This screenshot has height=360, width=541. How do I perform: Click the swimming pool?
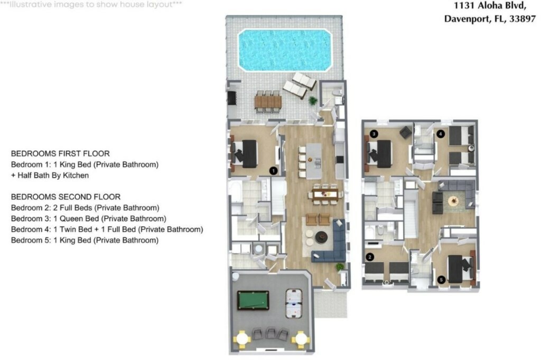coord(285,50)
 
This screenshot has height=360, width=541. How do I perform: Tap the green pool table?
coord(253,300)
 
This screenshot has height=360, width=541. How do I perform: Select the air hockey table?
coord(294,303)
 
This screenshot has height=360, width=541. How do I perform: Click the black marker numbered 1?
coord(273,171)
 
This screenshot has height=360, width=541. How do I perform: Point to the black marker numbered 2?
coord(370,257)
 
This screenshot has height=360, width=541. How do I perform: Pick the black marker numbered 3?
coord(374,134)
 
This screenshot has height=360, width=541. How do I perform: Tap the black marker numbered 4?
coord(440,134)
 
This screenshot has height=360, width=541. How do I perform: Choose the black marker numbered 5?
coord(441,280)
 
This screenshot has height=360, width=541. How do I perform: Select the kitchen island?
coord(314,161)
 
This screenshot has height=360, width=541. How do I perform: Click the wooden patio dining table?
coord(268,102)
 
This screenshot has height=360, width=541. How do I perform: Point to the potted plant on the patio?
coord(313,101)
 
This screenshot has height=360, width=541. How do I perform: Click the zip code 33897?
coord(523,19)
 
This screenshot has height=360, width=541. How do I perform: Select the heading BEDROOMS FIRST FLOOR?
coord(60,154)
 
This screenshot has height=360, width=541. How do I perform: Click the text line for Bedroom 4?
coord(107,229)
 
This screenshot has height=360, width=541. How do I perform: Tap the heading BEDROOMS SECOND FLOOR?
coord(66,197)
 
